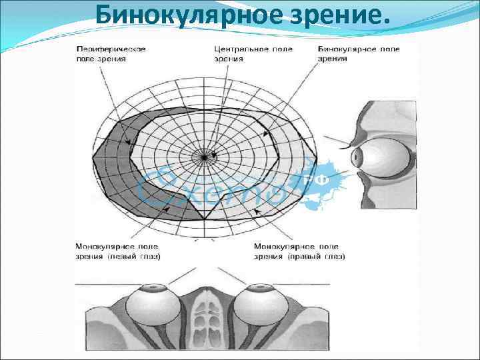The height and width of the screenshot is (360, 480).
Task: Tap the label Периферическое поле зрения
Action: pos(110,53)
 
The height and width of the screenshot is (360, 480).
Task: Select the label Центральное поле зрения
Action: pos(242,53)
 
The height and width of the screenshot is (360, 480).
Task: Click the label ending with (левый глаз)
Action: pos(117,251)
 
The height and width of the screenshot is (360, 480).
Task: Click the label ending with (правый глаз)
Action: pos(299,251)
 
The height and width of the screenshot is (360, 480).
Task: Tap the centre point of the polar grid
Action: pos(203,157)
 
